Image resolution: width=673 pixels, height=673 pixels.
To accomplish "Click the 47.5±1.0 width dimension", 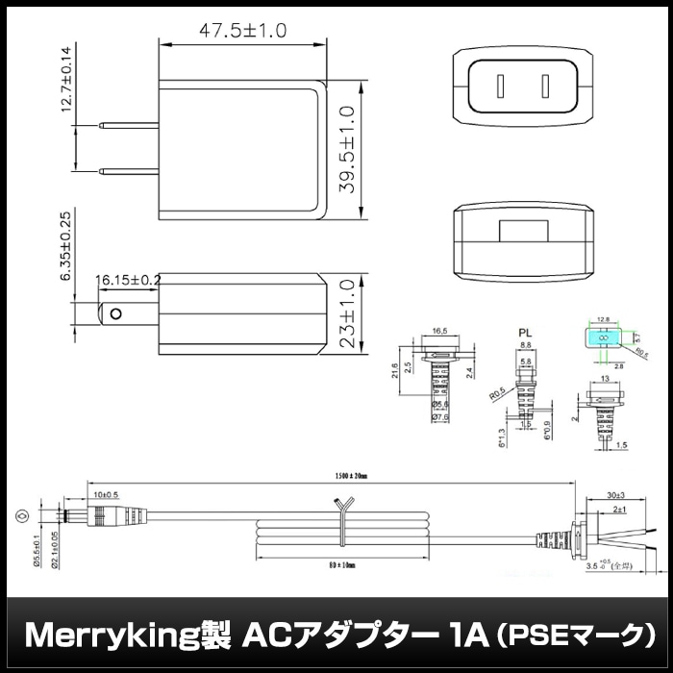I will point(242,31).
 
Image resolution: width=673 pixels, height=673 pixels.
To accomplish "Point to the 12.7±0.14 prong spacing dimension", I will point(66,79).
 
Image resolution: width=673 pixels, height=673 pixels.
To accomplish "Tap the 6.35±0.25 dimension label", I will point(66,246).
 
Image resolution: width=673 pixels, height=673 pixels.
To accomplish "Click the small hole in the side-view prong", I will point(116,314).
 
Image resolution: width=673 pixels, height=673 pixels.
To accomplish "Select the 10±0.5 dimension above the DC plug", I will point(106,494).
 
